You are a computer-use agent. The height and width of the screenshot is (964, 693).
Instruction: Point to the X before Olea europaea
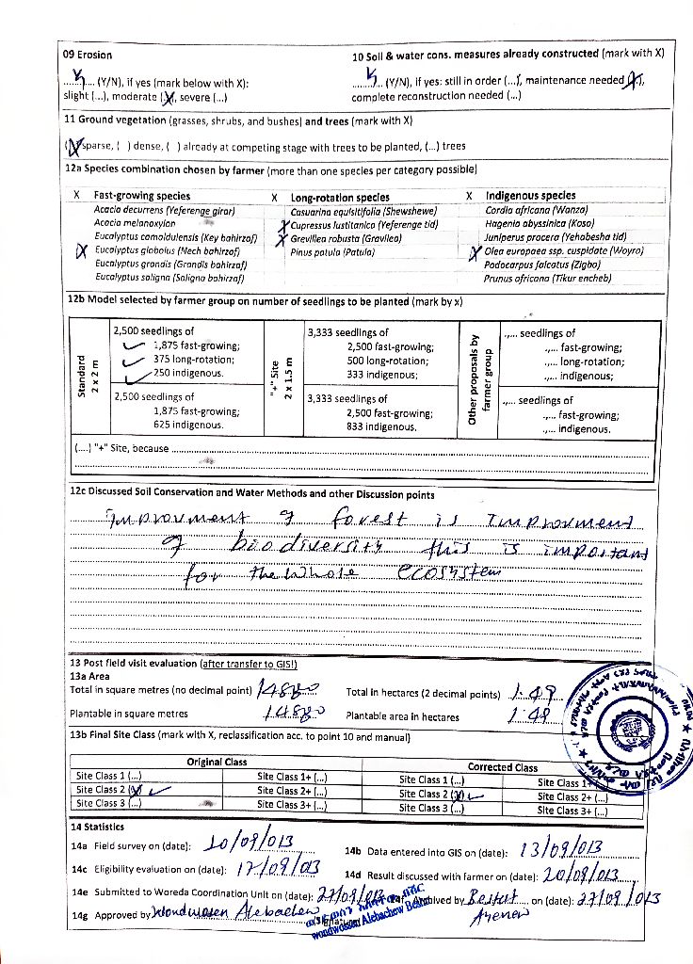click(x=475, y=251)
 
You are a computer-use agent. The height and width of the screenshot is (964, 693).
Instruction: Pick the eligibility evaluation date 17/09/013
click(x=280, y=866)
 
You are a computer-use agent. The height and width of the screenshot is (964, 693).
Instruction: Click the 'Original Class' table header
click(x=217, y=762)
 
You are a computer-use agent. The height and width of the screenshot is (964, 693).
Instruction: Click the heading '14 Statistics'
click(x=97, y=826)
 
